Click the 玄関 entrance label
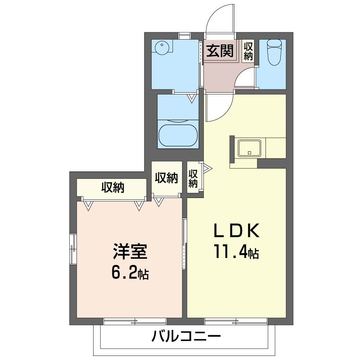pyautogui.click(x=220, y=51)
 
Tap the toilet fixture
pyautogui.click(x=274, y=53)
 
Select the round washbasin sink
pyautogui.click(x=162, y=48)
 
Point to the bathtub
pyautogui.click(x=178, y=135)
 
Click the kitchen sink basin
pyautogui.click(x=249, y=148)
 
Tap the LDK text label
pyautogui.click(x=237, y=230)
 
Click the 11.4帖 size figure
pyautogui.click(x=237, y=252)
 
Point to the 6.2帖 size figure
pyautogui.click(x=130, y=273)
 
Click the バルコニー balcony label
pyautogui.click(x=186, y=337)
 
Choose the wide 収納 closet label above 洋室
pyautogui.click(x=113, y=188)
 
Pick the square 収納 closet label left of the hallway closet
pyautogui.click(x=166, y=178)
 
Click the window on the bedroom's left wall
pyautogui.click(x=73, y=249)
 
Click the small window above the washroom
pyautogui.click(x=185, y=36)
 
